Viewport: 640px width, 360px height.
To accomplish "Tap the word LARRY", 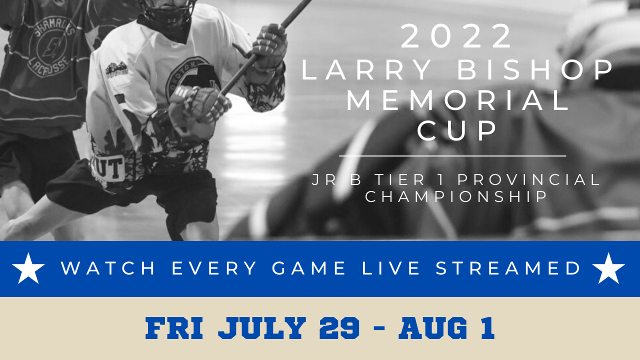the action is [366, 69].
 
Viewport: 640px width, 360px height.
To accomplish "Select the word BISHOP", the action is [535, 69].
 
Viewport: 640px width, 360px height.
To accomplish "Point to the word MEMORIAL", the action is [457, 100].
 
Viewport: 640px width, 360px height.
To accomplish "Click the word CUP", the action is [456, 130].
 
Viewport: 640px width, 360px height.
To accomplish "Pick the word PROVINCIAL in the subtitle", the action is [528, 179].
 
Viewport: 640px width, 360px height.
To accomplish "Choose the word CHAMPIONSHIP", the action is [456, 196].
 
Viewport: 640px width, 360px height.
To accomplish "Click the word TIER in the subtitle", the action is [399, 179].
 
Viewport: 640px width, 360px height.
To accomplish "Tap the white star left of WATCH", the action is [28, 268].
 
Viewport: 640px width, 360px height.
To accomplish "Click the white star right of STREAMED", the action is [608, 268].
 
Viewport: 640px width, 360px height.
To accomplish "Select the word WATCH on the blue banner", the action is [107, 268].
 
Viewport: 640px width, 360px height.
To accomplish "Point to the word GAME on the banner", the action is [308, 268].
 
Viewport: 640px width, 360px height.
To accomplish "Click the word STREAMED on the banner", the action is [507, 268].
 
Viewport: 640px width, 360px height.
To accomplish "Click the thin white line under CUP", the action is [452, 156].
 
